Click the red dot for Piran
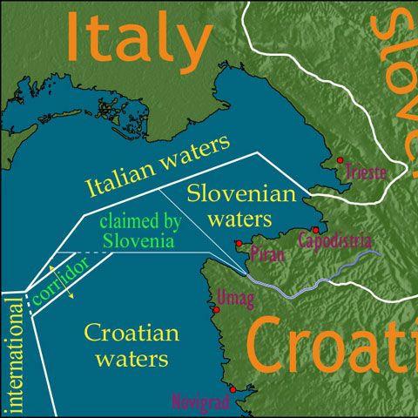[239, 244]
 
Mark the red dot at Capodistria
[315, 230]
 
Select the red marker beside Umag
[216, 309]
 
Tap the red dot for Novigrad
[233, 389]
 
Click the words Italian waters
[158, 165]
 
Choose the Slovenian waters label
[231, 204]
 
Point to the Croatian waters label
[131, 345]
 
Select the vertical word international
[13, 353]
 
